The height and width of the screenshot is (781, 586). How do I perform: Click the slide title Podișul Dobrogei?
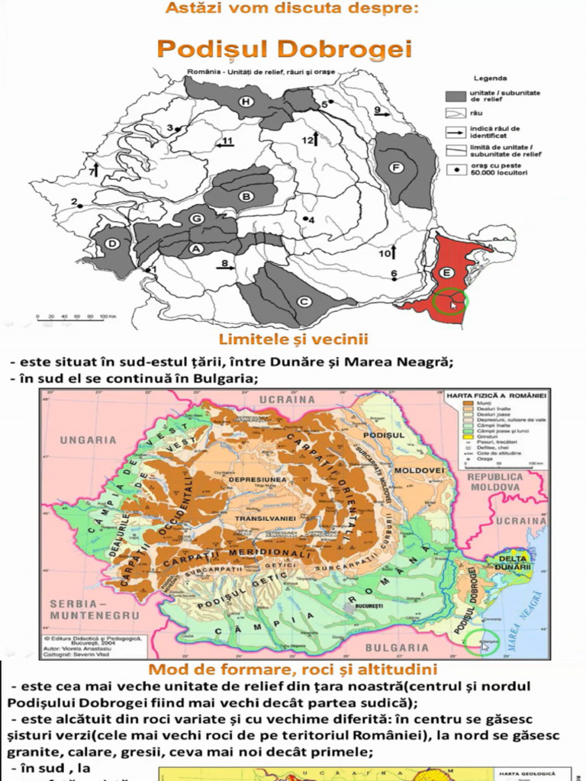pos(284,50)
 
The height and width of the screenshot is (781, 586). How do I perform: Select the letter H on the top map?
pos(246,101)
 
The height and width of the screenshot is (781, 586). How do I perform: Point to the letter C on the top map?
pos(303,301)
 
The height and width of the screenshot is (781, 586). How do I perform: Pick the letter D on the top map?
pos(112,244)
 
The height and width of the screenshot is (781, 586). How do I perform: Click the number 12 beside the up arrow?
pos(307,140)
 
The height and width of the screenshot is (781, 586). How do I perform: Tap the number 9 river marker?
pos(377,110)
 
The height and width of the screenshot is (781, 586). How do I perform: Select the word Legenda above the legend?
pos(491,78)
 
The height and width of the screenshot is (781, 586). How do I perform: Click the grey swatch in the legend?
pos(456,96)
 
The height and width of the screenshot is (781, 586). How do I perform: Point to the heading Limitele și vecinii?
pos(294,339)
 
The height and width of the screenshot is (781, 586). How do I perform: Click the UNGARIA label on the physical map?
pos(89,439)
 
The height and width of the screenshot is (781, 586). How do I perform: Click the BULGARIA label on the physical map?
pos(397,648)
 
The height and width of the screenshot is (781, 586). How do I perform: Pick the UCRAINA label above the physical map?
pos(288,399)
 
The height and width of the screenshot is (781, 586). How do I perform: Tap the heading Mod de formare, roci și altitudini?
pos(292,670)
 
